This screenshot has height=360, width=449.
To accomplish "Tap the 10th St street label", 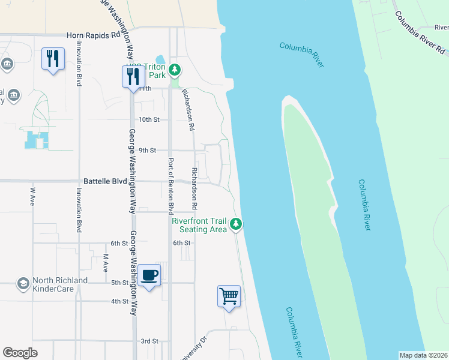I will tap(148, 119).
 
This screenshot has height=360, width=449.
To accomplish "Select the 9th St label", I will tap(147, 150).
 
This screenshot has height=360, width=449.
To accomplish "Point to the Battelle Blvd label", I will tap(105, 181).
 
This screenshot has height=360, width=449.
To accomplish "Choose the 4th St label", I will tap(119, 301).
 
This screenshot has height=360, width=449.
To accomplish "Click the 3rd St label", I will tap(149, 341).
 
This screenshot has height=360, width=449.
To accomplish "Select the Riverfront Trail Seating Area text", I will tap(199, 225).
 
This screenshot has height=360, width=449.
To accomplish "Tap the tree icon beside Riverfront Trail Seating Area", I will tap(237, 224).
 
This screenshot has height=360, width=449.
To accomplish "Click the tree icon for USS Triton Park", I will tap(174, 70).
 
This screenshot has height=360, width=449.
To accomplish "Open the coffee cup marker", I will tap(149, 275).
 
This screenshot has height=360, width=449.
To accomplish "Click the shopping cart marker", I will tap(229, 296).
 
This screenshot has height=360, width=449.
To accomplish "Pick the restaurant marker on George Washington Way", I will tap(133, 76).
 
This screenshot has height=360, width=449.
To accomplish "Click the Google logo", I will tap(20, 353).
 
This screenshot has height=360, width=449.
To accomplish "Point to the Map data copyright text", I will tap(423, 355).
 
